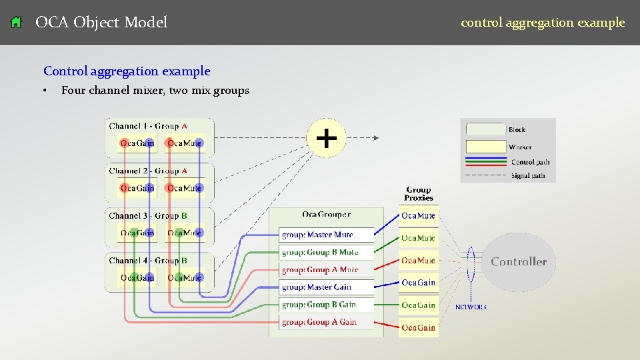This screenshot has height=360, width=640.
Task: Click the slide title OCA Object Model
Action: [x=101, y=23]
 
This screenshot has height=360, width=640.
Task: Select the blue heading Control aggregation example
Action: [x=127, y=71]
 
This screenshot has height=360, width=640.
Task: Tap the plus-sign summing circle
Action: [x=326, y=138]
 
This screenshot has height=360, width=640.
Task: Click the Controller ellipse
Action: [x=519, y=262]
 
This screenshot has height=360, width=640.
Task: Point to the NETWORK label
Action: [x=471, y=307]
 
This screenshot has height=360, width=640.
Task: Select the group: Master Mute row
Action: [x=325, y=235]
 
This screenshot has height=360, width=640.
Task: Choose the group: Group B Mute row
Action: [x=325, y=253]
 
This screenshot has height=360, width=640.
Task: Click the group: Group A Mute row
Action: [x=325, y=270]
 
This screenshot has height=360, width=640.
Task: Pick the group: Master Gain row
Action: [x=325, y=287]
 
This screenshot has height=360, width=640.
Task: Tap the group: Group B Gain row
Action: [x=325, y=305]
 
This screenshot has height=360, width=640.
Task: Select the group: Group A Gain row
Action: [x=325, y=322]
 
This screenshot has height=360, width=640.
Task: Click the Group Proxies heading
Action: [x=418, y=194]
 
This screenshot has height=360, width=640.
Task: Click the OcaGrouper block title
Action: [x=326, y=215]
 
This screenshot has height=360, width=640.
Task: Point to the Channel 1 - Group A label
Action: [x=148, y=126]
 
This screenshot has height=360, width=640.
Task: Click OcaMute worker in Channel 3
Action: [x=185, y=233]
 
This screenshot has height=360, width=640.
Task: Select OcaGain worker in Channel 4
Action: [x=137, y=277]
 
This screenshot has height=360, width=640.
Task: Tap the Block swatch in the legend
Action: [x=485, y=129]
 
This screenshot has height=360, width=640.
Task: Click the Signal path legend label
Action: [x=529, y=176]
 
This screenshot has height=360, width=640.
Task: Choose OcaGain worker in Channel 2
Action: [x=137, y=188]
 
